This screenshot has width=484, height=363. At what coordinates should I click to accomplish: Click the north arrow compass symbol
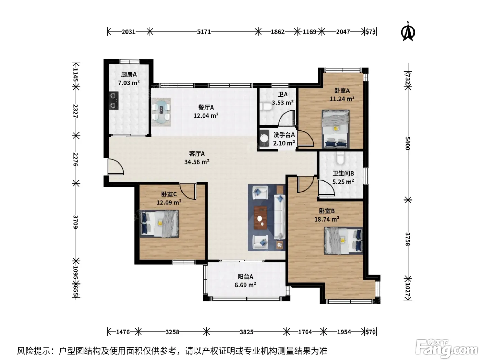408,32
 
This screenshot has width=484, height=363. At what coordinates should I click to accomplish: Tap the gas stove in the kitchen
114,101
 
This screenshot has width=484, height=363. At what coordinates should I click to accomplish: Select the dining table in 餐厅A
162,112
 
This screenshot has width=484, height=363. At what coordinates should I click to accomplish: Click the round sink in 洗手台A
264,138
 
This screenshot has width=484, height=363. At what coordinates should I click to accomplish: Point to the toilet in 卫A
266,107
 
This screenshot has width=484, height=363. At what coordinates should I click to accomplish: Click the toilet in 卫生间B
340,158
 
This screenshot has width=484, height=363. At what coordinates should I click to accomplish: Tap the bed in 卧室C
159,223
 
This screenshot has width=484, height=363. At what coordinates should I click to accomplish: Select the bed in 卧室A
335,129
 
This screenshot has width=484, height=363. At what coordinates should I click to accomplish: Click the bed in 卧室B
343,241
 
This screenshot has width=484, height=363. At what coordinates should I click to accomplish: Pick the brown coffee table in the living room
261,217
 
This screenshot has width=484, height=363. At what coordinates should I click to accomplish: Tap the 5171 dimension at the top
204,32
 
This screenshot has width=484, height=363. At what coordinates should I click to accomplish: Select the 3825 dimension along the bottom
246,332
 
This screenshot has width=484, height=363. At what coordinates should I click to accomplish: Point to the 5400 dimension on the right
408,143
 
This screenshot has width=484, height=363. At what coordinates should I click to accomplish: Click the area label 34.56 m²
197,162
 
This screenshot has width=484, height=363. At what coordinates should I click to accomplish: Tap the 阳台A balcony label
245,276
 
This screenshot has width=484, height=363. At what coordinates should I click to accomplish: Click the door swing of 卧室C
188,191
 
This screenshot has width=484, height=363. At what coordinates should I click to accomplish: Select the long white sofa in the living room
280,217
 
